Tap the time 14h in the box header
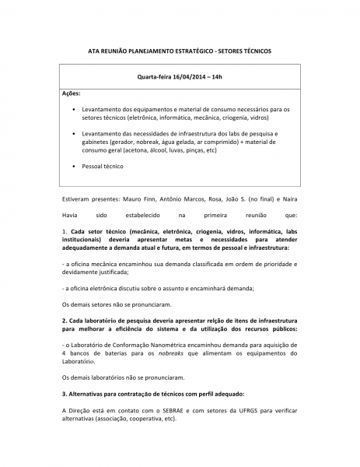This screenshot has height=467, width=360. click(x=217, y=78)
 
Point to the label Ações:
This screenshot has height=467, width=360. click(x=71, y=93)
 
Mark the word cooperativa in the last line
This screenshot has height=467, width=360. click(x=145, y=419)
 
